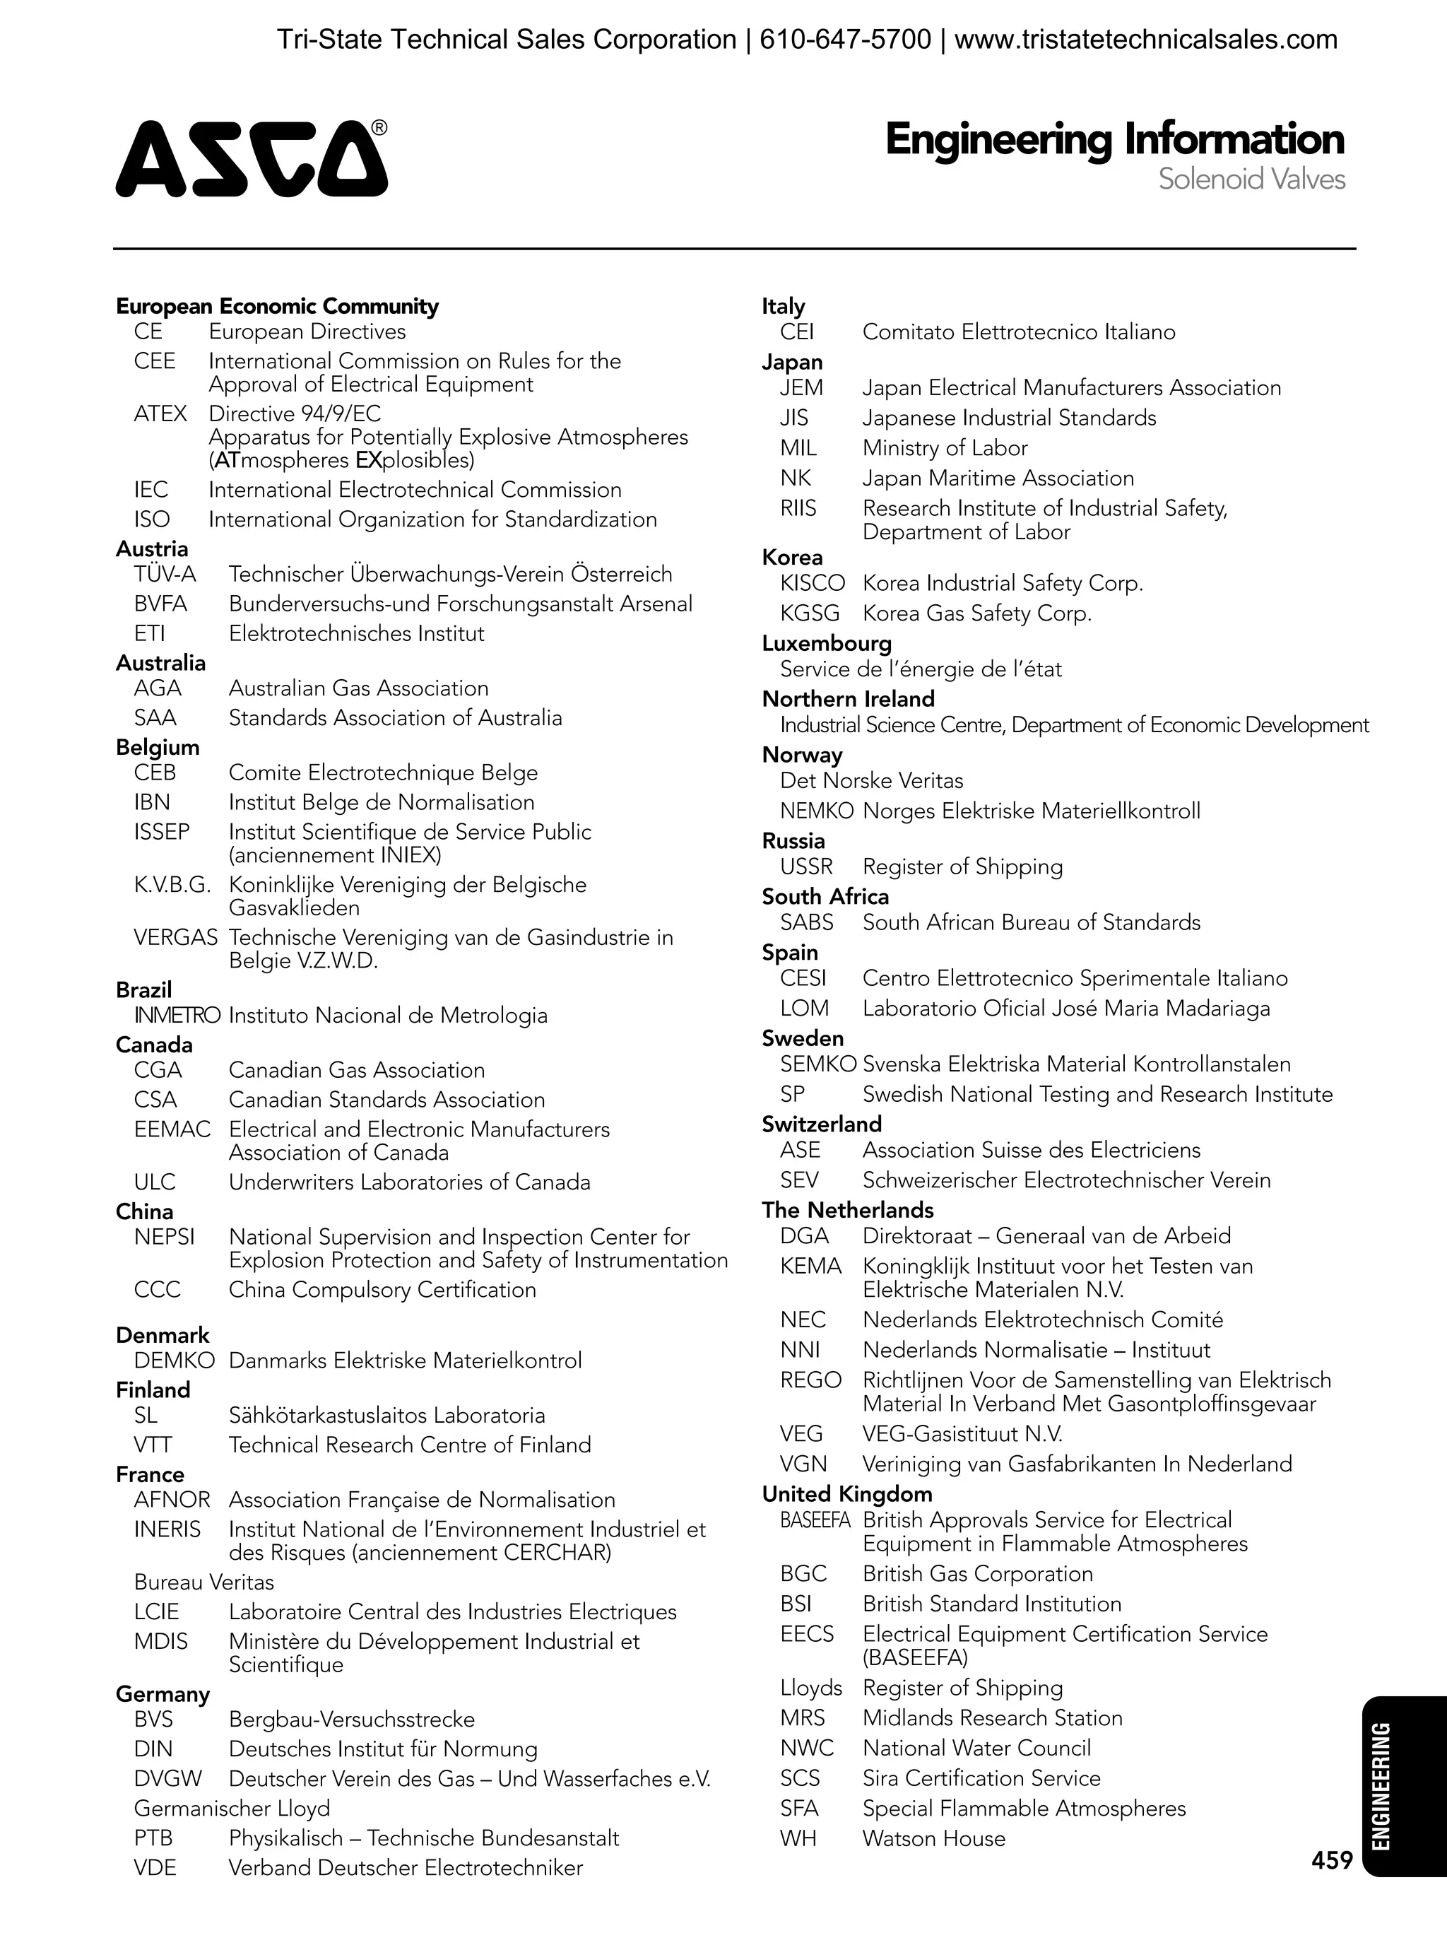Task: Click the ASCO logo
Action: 252,158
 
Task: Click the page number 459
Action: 1331,1860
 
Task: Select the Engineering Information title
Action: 1114,140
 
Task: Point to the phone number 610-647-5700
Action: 844,40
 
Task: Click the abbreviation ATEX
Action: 160,413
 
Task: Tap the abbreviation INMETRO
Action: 177,1016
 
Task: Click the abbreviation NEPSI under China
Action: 164,1237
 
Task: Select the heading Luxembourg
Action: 826,644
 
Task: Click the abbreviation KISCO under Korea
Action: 812,584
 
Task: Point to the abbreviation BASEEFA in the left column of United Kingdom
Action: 815,1520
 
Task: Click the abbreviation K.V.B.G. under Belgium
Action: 172,885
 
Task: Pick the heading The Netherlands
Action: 847,1210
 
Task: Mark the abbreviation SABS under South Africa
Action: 806,922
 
